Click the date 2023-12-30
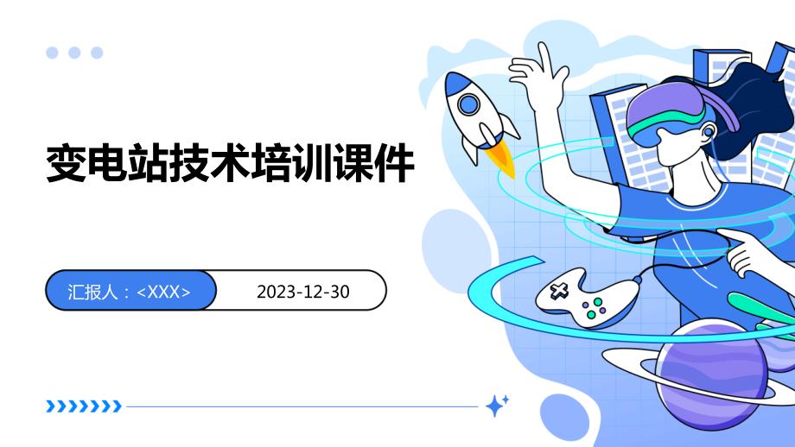(x=302, y=292)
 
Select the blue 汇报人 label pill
(x=130, y=290)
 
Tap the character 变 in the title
(x=66, y=163)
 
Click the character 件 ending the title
(x=394, y=163)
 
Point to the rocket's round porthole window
(x=468, y=104)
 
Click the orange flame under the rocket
(x=501, y=159)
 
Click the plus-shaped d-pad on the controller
(x=559, y=291)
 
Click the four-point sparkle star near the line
(x=495, y=406)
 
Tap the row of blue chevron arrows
(x=84, y=406)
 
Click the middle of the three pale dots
(x=74, y=53)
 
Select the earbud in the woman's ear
(x=708, y=132)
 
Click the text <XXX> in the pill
(x=164, y=292)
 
